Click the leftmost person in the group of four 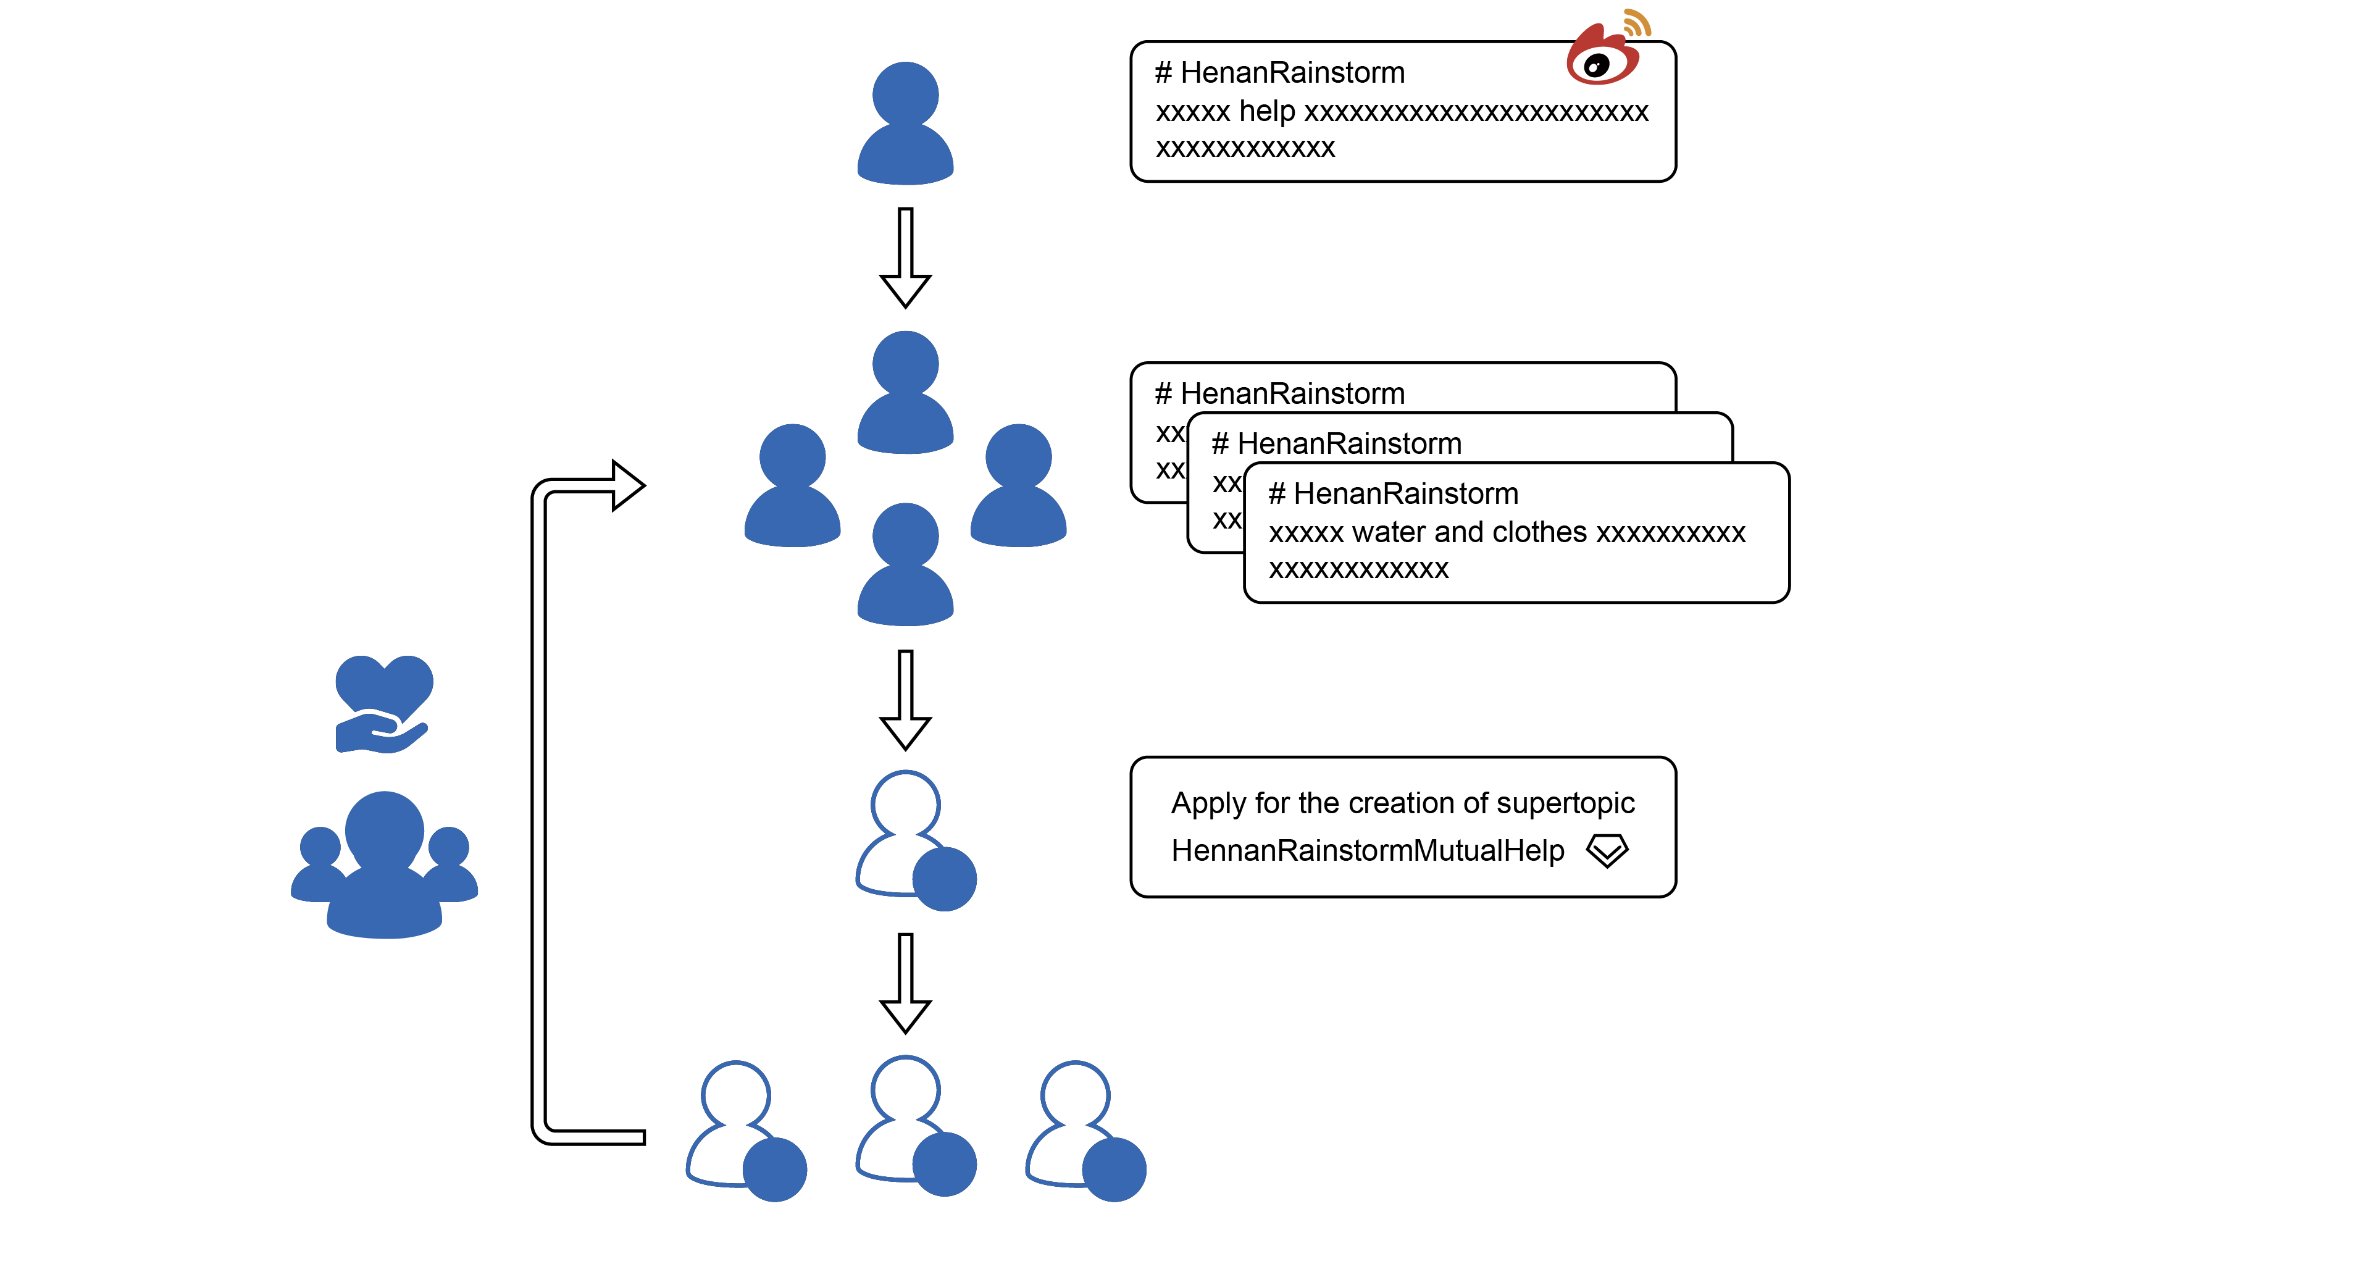[792, 486]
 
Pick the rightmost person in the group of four [1019, 486]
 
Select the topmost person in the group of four [905, 392]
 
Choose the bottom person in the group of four [905, 564]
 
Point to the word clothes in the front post [1539, 533]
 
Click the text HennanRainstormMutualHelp [1368, 850]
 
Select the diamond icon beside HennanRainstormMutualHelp [1607, 850]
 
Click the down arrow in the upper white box [905, 701]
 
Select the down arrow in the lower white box [905, 983]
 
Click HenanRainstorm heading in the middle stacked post [1348, 444]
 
